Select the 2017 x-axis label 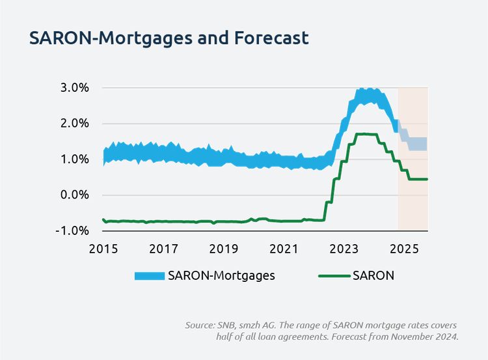click(164, 248)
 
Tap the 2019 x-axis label click(224, 248)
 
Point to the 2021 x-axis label click(284, 248)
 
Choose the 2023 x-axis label click(344, 248)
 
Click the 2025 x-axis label click(405, 248)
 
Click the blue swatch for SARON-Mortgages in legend click(149, 276)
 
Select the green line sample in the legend click(333, 276)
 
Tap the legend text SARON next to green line click(373, 276)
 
